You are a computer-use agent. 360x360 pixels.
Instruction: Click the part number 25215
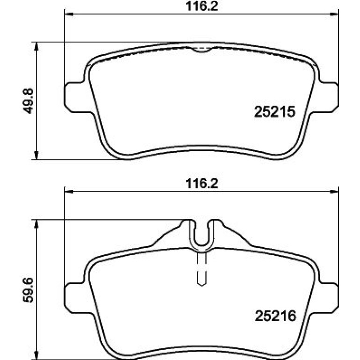[274, 112]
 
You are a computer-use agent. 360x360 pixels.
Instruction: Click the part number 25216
[275, 316]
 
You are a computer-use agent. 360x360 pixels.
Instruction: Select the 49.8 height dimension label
[28, 101]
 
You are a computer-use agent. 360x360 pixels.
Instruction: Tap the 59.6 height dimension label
[28, 290]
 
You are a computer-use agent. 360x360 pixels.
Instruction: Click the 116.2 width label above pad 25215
[202, 6]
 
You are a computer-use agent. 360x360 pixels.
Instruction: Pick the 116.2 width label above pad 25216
[202, 184]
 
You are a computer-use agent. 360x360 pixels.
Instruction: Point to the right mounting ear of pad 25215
[329, 97]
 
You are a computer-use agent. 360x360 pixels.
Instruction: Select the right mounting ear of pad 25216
[329, 298]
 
